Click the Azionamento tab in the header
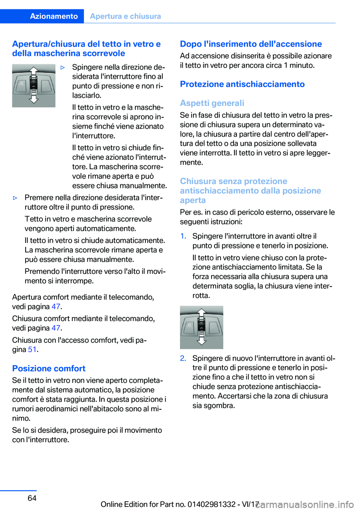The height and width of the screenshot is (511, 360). coord(54,16)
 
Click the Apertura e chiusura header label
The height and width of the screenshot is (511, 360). coord(125,16)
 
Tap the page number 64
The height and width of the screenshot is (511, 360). coord(32,498)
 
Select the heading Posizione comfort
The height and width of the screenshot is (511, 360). coord(49,368)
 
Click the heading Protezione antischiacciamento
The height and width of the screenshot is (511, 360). coord(242,84)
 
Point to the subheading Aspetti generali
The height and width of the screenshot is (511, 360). coord(212,103)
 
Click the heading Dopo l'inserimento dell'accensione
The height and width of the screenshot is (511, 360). coord(251,44)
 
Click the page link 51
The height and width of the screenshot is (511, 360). coord(32,349)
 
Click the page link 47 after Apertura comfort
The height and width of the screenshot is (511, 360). coord(56,307)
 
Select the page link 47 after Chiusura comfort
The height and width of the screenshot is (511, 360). coord(56,328)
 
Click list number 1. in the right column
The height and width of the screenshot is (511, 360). coord(183,236)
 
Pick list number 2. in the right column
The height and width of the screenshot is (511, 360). coord(183,358)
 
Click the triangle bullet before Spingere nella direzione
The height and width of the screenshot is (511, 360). coord(63,68)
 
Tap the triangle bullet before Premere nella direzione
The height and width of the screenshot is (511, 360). coord(15,198)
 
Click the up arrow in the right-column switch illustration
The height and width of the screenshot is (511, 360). coord(202,312)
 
